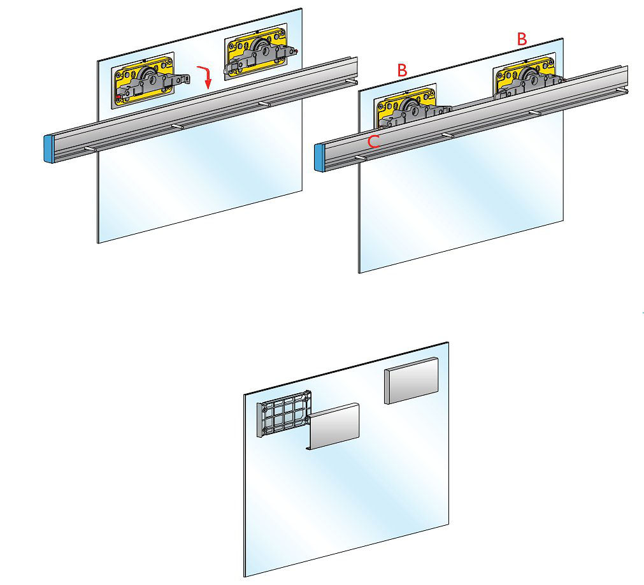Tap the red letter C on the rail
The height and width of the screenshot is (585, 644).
tap(373, 141)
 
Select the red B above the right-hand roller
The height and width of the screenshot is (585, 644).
tap(522, 39)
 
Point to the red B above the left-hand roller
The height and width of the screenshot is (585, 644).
tap(402, 70)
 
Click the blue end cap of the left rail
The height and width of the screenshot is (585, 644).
tap(49, 149)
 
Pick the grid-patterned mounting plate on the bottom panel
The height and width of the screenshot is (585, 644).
tap(283, 414)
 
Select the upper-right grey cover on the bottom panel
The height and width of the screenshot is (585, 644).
tap(411, 380)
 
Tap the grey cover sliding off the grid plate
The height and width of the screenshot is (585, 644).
tap(334, 426)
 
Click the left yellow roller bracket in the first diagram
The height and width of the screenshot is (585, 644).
tap(143, 80)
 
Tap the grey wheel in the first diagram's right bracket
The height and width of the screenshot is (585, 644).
tap(261, 48)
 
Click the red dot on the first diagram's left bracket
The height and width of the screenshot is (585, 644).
tap(118, 97)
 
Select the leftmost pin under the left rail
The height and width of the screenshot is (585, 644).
tap(90, 148)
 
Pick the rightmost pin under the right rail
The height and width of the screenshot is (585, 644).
tap(622, 90)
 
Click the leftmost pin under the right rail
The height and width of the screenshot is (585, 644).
tap(361, 158)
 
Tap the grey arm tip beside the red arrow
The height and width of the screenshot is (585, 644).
tap(187, 78)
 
